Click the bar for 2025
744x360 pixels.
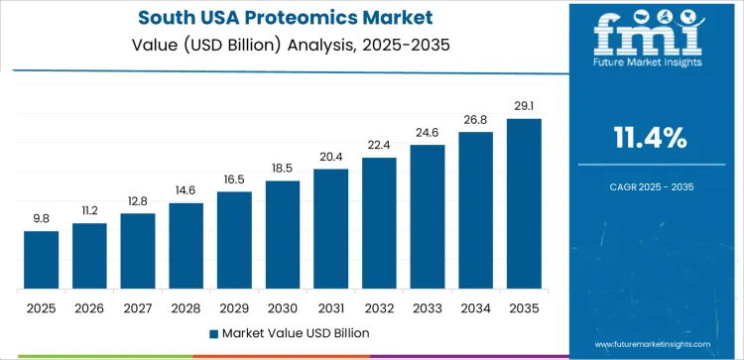click(42, 260)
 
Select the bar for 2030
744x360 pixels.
click(283, 235)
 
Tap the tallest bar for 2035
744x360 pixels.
click(524, 204)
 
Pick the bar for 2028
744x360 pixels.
click(186, 246)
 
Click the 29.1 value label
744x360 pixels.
click(524, 105)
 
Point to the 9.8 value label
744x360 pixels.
click(42, 217)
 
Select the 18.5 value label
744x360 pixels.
click(283, 168)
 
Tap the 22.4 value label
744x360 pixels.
click(379, 145)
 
